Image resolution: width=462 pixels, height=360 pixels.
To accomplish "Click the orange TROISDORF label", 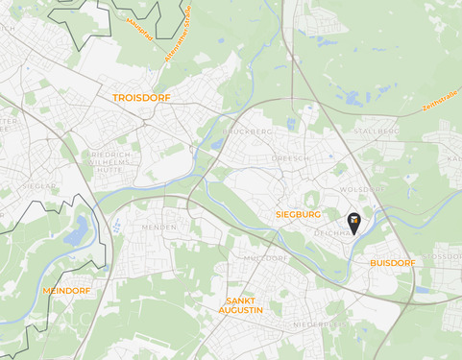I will click(141, 98).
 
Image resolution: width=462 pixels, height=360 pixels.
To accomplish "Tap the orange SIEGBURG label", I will click(297, 214).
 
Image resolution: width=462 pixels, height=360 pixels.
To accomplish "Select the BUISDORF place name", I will click(392, 261).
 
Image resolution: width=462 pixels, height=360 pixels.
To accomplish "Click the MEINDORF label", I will click(66, 289).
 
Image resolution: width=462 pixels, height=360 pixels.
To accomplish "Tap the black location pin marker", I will click(353, 223).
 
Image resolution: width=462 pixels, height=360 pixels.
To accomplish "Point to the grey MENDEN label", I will click(158, 227).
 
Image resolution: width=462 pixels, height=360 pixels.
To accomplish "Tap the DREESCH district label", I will click(289, 157).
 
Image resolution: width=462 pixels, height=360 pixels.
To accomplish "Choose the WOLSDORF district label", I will click(361, 190).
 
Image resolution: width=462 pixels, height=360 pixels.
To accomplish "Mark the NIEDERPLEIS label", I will click(317, 324).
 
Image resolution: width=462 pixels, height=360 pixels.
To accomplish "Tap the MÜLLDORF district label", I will click(266, 258).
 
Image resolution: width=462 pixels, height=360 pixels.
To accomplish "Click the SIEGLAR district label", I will click(34, 186).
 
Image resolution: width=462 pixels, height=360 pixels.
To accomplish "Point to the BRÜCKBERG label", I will click(248, 132).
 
